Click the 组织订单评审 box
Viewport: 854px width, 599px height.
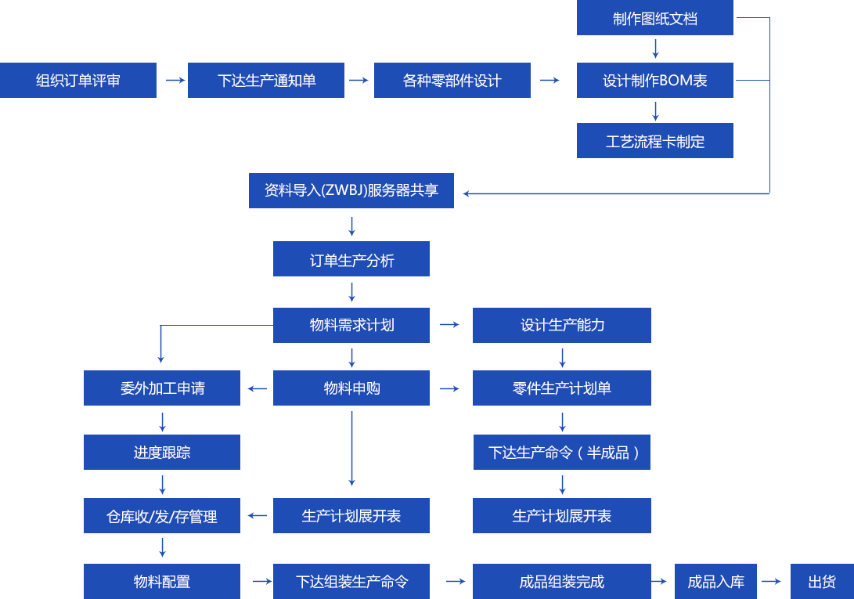[x=78, y=80]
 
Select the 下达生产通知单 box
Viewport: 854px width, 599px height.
[x=265, y=80]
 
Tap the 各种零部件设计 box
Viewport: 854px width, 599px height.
[x=452, y=80]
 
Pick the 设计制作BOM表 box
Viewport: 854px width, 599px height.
[x=654, y=80]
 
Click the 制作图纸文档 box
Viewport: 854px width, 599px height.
[x=654, y=18]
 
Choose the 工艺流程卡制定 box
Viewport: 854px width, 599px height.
[x=654, y=141]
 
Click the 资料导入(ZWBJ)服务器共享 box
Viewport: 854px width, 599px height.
[x=351, y=190]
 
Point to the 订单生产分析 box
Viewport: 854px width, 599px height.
[x=351, y=258]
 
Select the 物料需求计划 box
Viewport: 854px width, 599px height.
[x=351, y=325]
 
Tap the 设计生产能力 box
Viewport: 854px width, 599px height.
[x=561, y=325]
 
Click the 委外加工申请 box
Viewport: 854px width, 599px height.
[x=161, y=388]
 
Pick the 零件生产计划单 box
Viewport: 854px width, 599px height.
[x=561, y=388]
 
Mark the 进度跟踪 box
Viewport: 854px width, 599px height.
[x=161, y=452]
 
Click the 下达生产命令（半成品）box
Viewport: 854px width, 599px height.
[x=561, y=452]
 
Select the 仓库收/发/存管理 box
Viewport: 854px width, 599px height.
[x=161, y=515]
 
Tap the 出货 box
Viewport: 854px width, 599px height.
[x=821, y=581]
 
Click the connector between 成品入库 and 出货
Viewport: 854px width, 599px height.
[x=771, y=581]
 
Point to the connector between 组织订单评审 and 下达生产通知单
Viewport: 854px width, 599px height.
[x=175, y=80]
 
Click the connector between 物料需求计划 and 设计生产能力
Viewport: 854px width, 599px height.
[x=449, y=325]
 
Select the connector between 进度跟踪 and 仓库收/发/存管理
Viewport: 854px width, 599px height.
[x=162, y=485]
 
